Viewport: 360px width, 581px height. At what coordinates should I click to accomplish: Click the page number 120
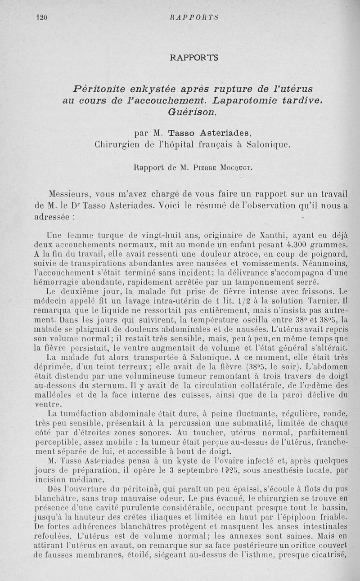(41, 18)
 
